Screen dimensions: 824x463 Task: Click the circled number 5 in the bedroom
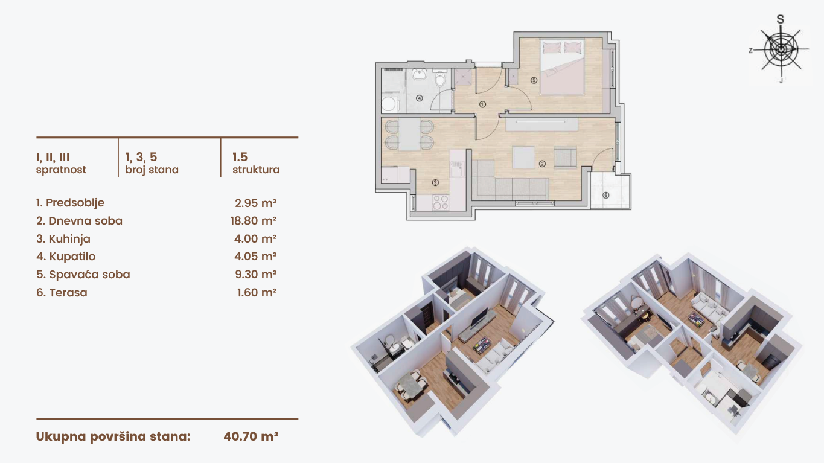pos(534,80)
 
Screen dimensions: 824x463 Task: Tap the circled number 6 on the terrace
pos(605,195)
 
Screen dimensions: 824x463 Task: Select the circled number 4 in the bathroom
pos(419,98)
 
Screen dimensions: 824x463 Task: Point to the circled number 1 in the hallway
pos(483,104)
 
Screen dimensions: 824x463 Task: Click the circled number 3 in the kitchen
pos(435,182)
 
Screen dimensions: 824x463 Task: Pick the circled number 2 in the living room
pos(542,164)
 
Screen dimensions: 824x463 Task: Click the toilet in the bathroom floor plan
pos(439,78)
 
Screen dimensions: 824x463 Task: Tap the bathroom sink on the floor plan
pos(419,74)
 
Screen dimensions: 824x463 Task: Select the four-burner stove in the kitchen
pos(440,202)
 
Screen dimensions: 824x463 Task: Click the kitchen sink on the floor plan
pos(457,170)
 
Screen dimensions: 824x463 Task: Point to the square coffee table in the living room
pos(523,158)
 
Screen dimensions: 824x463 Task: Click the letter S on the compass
pos(780,19)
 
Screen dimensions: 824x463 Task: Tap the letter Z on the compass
pos(750,50)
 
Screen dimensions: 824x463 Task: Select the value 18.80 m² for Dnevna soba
pos(254,221)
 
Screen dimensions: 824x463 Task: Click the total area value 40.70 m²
pos(251,436)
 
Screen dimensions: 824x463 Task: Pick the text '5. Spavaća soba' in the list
pos(83,275)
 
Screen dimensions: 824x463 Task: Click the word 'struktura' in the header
pos(256,170)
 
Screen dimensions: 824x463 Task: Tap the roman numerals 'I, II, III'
pos(53,158)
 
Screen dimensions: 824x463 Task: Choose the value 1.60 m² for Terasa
pos(257,293)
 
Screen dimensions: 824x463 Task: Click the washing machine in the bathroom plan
pos(389,104)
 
